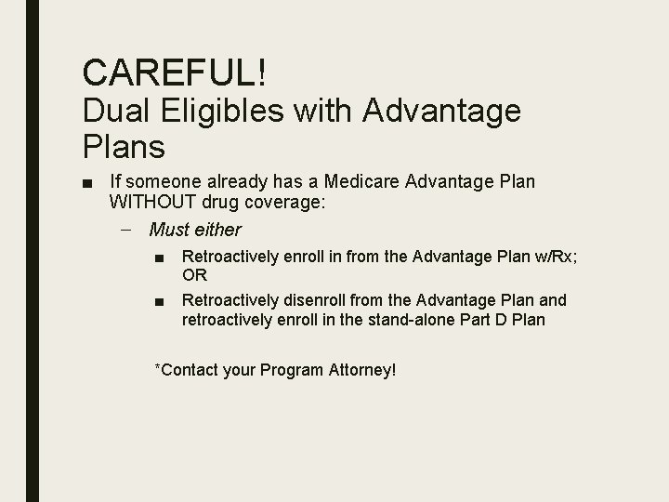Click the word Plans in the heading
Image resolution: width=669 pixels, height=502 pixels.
pyautogui.click(x=124, y=146)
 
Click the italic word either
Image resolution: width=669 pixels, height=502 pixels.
pyautogui.click(x=219, y=230)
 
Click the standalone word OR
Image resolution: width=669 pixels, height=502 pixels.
pyautogui.click(x=195, y=275)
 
